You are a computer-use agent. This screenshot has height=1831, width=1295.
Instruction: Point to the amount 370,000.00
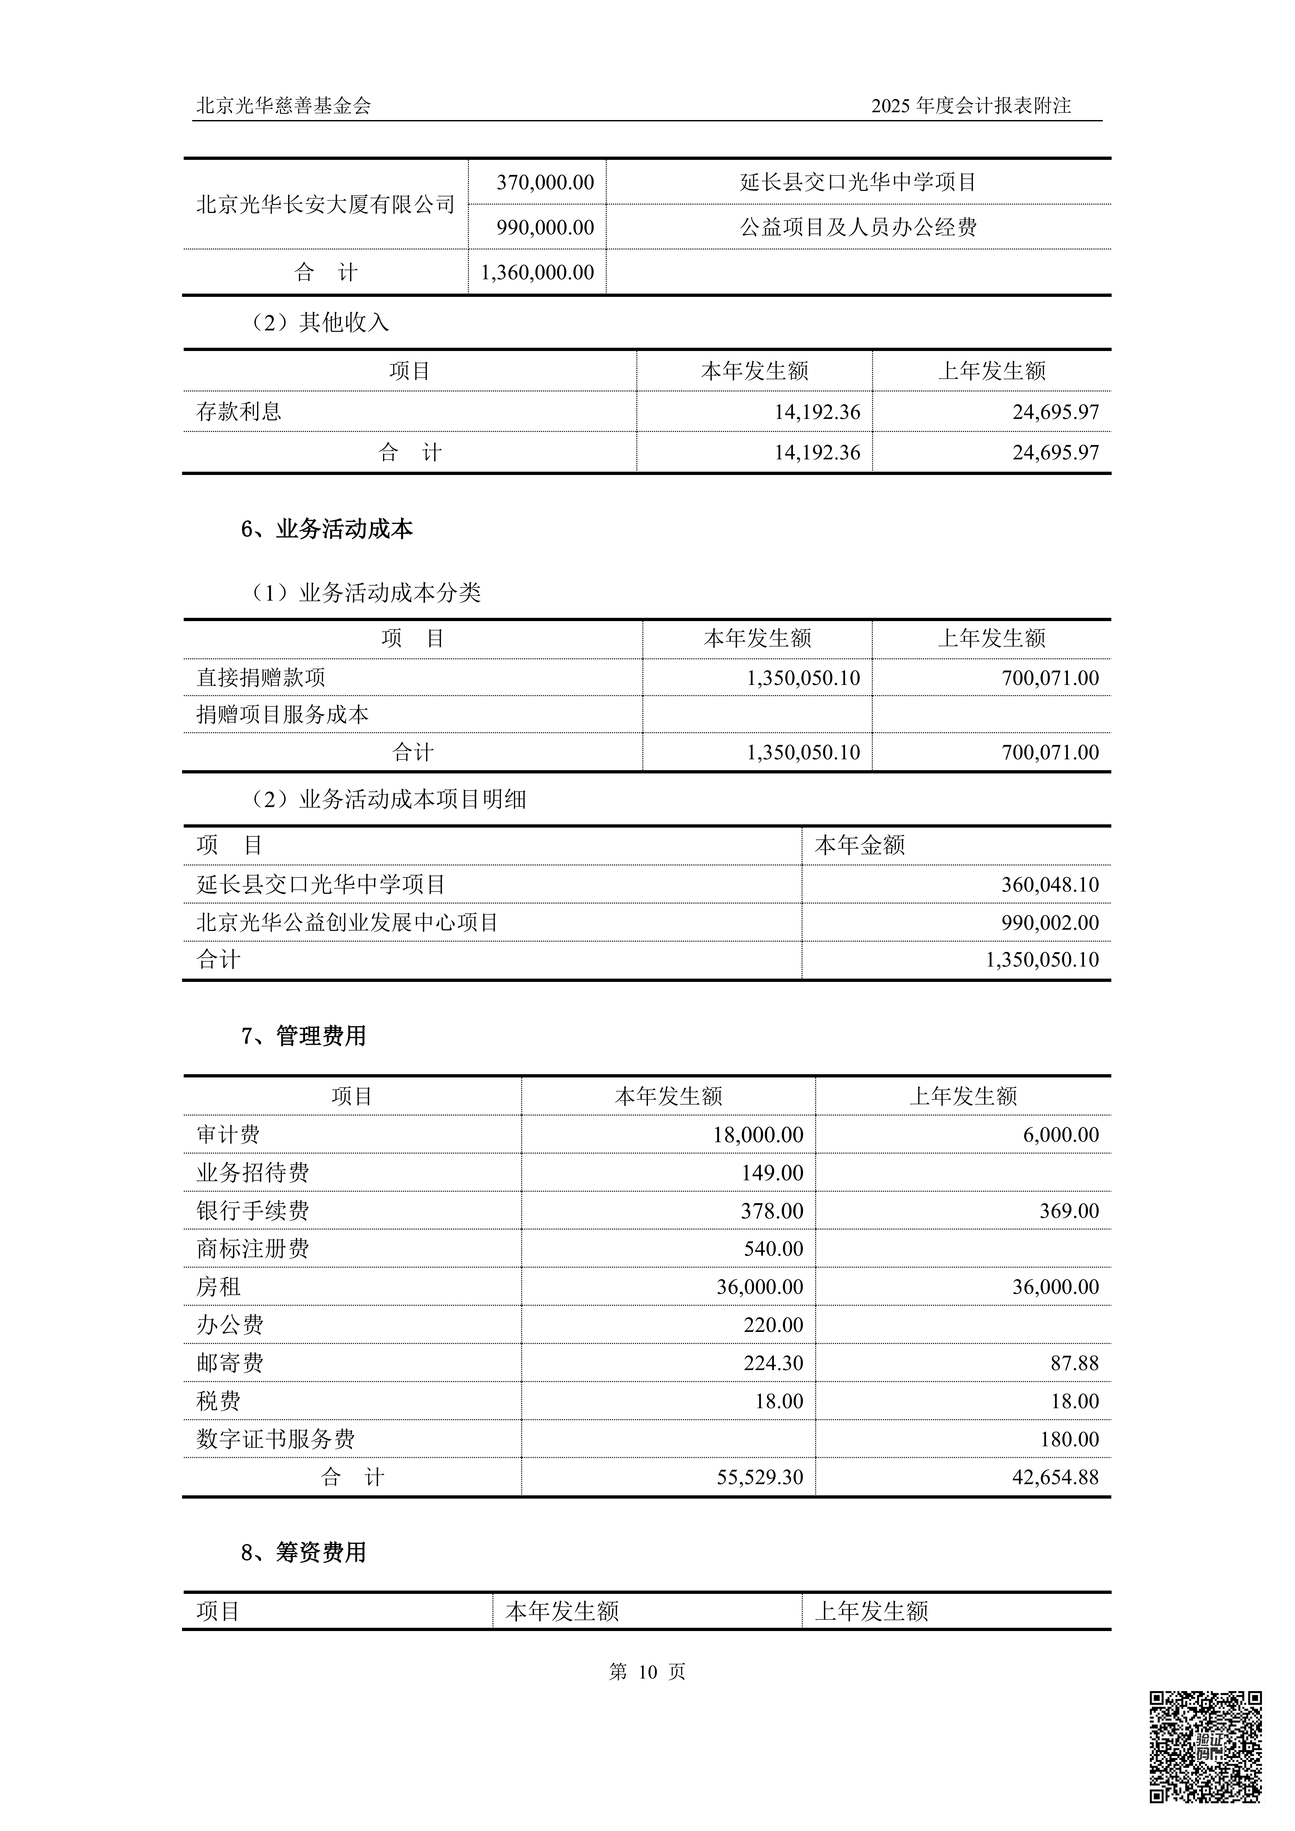coord(546,183)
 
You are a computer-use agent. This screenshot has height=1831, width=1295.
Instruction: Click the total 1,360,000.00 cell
coord(537,273)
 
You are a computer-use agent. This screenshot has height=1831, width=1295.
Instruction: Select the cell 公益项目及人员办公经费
coord(858,227)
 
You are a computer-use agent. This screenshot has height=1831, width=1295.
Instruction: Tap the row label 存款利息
coord(239,411)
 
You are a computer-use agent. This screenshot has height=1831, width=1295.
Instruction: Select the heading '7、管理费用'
coord(304,1036)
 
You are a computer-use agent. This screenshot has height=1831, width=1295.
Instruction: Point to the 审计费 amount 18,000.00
coord(758,1135)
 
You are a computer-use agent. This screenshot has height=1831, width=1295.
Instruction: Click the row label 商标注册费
coord(253,1249)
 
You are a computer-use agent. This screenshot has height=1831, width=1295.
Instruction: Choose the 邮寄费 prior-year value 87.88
coord(1074,1363)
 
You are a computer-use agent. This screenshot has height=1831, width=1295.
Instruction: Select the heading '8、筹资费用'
coord(304,1553)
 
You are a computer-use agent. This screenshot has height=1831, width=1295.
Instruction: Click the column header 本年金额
coord(860,845)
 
